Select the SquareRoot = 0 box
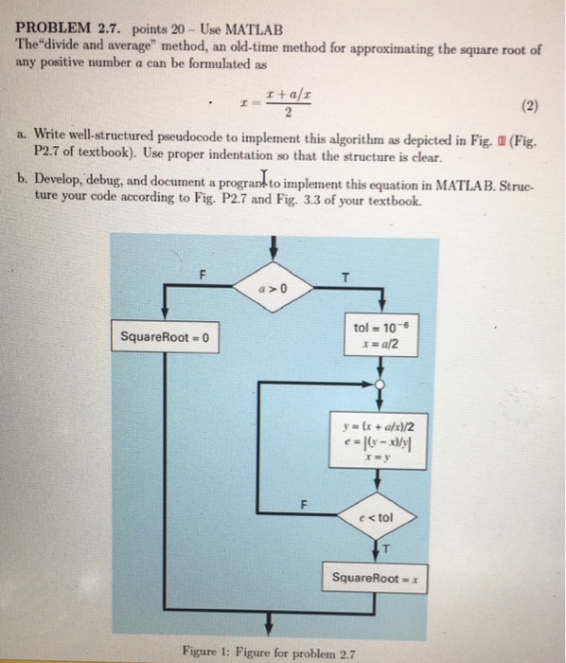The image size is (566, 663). [x=166, y=337]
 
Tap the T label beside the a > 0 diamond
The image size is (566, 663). [x=346, y=277]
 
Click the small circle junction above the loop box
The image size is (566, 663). [x=380, y=384]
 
